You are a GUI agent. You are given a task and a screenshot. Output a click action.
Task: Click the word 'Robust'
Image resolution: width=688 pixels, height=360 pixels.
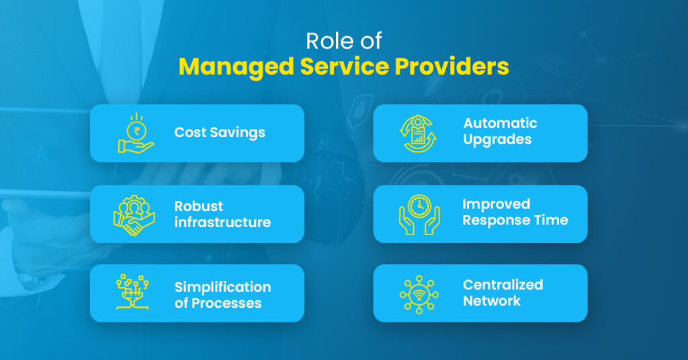click(199, 206)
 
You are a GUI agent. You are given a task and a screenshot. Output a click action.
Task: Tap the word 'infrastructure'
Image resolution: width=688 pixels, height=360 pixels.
click(222, 222)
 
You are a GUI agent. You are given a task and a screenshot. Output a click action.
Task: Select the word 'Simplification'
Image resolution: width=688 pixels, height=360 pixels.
click(222, 287)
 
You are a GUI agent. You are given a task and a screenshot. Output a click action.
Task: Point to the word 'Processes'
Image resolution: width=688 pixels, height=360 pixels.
click(226, 303)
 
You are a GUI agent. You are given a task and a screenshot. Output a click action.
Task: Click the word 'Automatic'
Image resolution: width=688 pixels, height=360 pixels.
click(500, 124)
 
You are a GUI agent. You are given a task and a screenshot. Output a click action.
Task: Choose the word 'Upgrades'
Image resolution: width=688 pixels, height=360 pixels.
click(497, 140)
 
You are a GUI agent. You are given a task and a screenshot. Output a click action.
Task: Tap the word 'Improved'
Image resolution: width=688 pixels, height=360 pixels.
click(496, 204)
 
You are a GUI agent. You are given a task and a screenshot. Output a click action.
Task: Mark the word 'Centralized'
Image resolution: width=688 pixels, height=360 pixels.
click(503, 285)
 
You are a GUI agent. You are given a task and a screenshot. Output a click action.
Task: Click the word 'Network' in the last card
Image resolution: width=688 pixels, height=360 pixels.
click(492, 301)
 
